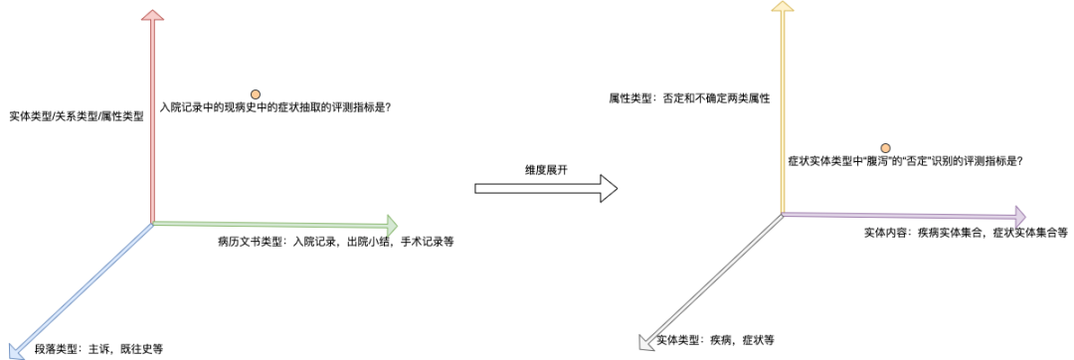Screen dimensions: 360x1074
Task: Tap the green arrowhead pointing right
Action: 390,224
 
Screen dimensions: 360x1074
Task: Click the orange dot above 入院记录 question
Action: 255,93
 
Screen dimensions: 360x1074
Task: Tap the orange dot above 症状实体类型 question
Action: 885,147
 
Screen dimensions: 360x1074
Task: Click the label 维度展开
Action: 546,169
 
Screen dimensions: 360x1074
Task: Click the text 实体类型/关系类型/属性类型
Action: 76,116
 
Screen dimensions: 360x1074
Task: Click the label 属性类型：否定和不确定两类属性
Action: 690,98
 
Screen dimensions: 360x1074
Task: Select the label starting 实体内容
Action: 966,233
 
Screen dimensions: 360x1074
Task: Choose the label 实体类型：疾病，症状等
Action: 715,341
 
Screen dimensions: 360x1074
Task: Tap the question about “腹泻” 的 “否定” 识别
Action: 905,160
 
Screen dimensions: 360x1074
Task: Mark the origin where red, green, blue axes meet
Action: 152,223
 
